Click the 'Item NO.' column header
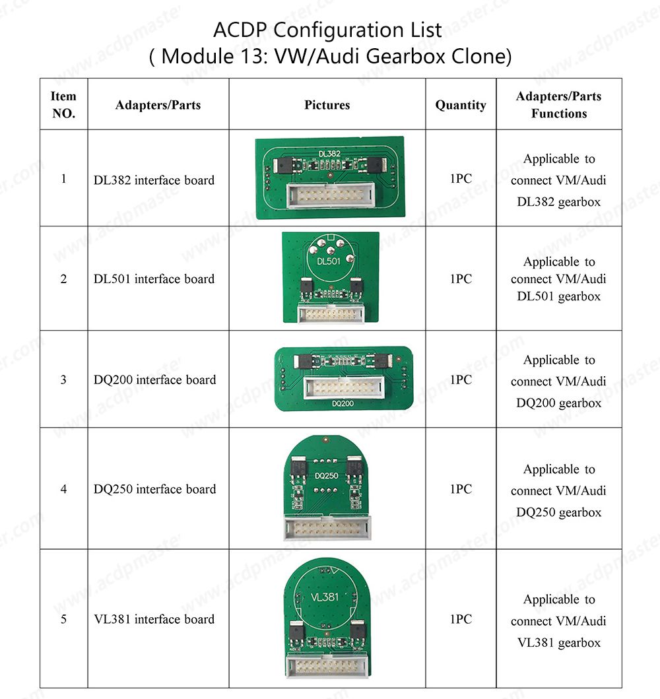[63, 104]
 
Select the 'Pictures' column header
[327, 105]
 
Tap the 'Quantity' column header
[461, 105]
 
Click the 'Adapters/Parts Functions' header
[559, 104]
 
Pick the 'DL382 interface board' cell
[154, 180]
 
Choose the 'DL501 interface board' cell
[154, 279]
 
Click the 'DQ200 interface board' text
[155, 380]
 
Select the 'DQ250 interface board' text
[155, 489]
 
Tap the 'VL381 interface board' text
[154, 619]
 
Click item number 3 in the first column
[63, 380]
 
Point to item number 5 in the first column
[63, 619]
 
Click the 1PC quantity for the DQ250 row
[461, 489]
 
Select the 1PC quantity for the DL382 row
[461, 178]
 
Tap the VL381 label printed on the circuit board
[324, 597]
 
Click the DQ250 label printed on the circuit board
[327, 475]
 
